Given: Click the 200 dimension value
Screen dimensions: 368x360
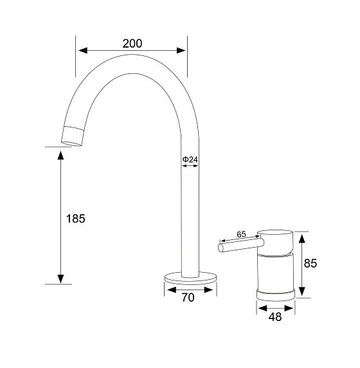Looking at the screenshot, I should (x=131, y=44).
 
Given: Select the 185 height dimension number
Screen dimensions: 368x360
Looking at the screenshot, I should (x=75, y=218).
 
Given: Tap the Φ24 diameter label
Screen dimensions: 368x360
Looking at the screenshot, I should (x=190, y=158).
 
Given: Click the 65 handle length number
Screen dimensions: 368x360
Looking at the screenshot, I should (x=242, y=235).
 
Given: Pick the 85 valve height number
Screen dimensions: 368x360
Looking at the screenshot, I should (x=310, y=263).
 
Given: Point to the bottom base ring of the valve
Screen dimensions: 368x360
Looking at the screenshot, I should (x=276, y=293).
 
